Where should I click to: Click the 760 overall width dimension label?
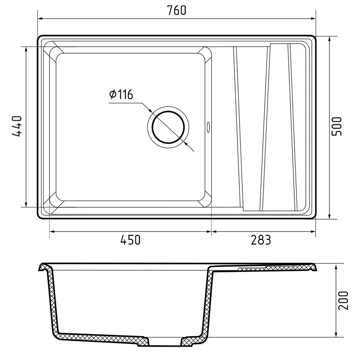tap(176, 10)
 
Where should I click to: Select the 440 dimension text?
tap(17, 126)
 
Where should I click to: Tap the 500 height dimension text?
tap(337, 126)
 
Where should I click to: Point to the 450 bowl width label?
tap(130, 240)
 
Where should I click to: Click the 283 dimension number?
tap(261, 240)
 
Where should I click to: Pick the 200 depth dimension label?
tap(343, 301)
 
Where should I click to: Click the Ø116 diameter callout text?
tap(121, 94)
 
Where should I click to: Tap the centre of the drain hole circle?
tap(168, 127)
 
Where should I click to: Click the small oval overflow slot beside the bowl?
tap(208, 127)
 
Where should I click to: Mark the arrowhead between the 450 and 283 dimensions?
tap(211, 231)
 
